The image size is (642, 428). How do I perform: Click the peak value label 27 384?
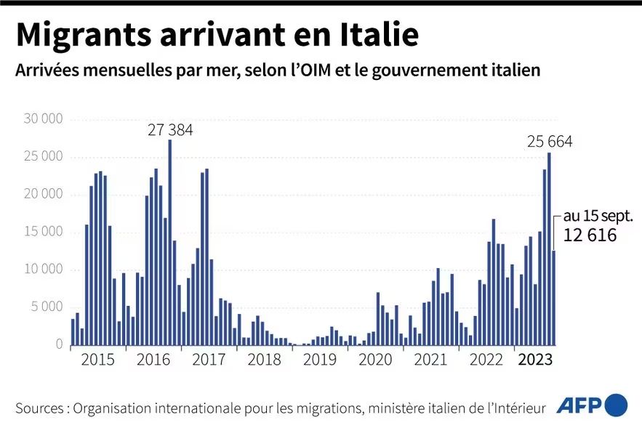(x=171, y=130)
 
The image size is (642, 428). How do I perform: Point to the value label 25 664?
(x=549, y=142)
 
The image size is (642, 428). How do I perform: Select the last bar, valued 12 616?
(x=554, y=298)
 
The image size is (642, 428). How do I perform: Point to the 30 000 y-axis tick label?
(x=43, y=119)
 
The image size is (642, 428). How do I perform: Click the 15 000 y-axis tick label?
(x=43, y=233)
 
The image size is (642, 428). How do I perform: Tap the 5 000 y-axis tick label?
(x=47, y=307)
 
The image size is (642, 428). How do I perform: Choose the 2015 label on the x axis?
(x=97, y=360)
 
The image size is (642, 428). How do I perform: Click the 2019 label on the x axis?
(x=320, y=360)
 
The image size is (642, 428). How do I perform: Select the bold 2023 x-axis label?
(x=534, y=360)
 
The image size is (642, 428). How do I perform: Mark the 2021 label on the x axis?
(x=430, y=360)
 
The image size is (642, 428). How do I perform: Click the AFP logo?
(x=578, y=405)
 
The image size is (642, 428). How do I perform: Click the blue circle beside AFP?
(x=615, y=405)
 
